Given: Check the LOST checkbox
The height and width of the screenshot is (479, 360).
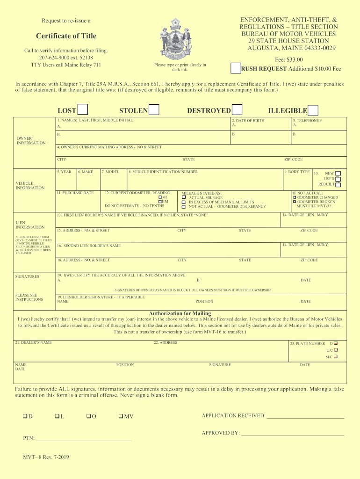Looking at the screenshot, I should coord(83,110).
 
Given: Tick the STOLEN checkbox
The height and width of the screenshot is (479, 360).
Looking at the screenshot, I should coord(154,110).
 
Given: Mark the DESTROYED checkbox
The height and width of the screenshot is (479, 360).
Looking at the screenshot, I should coord(237,110).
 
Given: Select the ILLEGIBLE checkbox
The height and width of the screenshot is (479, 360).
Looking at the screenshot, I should coord(313,110).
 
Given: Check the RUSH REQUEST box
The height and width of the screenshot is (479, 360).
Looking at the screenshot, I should coord(236,68).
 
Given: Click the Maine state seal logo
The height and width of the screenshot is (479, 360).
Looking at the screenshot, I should coord(175,38).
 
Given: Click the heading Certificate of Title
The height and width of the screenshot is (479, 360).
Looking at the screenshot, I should coord(66,36).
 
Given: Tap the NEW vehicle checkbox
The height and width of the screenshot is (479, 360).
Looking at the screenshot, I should coord(338,173).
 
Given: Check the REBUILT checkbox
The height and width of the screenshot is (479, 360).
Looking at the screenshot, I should coord(338,184).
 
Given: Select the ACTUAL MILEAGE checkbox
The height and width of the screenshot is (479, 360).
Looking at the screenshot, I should coord(184,197).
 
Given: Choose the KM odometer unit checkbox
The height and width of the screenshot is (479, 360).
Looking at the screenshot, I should coord(160,202).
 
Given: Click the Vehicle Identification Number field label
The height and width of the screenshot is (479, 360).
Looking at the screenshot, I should coord(163,172).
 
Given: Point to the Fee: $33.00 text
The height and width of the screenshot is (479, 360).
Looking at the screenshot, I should coord(289,59).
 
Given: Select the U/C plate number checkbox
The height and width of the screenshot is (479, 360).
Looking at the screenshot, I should coord(336,350).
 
